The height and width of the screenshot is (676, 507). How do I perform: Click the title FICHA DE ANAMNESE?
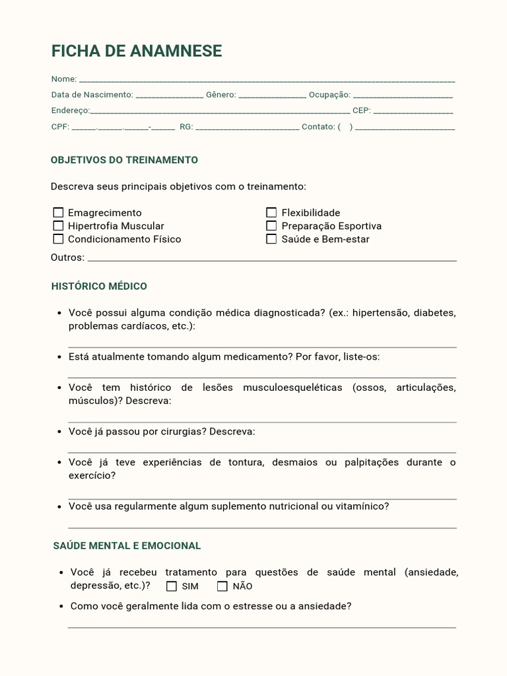pos(137,51)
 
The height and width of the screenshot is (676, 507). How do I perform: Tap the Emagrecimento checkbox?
pos(58,213)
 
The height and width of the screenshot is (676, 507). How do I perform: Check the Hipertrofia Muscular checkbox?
pos(58,226)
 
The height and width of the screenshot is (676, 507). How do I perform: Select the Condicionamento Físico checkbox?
pos(58,239)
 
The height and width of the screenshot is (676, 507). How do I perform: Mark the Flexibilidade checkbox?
pos(271,213)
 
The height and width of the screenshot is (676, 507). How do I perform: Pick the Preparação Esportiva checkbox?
pos(271,226)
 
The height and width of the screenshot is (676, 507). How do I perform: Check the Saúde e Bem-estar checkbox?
pos(271,239)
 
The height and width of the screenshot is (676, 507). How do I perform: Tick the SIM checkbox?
pos(172,586)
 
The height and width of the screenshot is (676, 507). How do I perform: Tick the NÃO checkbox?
pos(222,586)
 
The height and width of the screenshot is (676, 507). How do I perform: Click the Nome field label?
pos(63,79)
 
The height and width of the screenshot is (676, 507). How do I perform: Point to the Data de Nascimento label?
pos(92,95)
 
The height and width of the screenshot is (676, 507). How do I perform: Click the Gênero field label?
pos(220,95)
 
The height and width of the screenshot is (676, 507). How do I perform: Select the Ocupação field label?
pos(329,95)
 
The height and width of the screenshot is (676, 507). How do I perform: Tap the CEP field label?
pos(362,111)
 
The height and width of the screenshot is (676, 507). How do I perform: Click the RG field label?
pos(186,127)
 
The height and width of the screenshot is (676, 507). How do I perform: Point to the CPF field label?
pos(60,127)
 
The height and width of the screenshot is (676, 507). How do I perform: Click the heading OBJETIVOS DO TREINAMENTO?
pos(124,160)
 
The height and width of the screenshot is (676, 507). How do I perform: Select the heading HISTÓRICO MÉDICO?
pos(99,287)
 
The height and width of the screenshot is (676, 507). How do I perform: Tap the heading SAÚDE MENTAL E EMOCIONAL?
pos(127,546)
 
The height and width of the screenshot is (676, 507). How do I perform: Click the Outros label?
pos(67,257)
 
